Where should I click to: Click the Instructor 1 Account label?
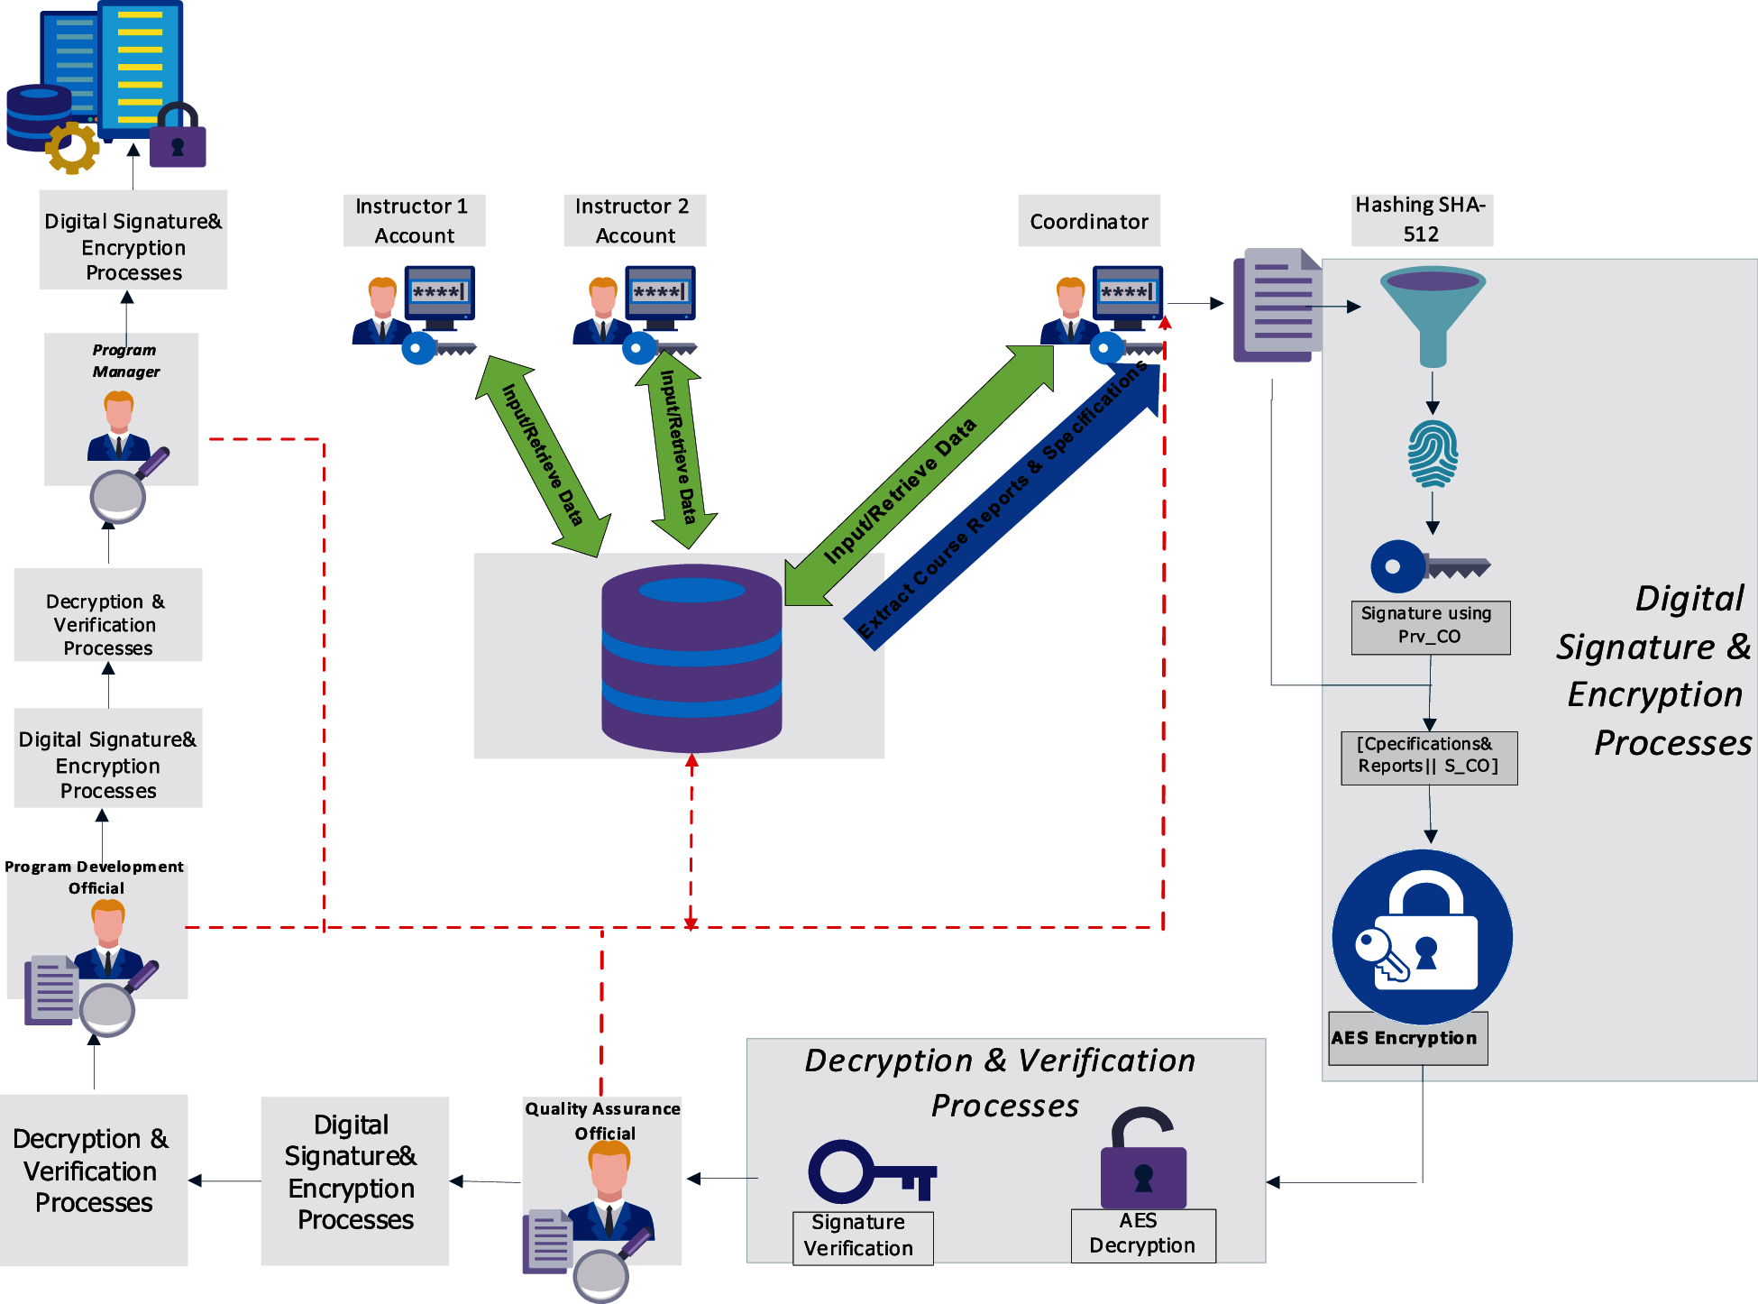[x=414, y=221]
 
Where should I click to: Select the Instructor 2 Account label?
[x=635, y=221]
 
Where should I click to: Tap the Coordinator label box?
[x=1089, y=221]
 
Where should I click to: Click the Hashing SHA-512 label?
[x=1422, y=219]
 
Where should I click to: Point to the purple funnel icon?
[x=1433, y=317]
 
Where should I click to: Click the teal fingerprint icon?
[x=1433, y=454]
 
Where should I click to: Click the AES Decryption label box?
[x=1143, y=1235]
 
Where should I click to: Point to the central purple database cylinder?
[x=691, y=658]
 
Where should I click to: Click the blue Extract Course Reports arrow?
[x=1002, y=506]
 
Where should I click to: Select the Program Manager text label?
[x=125, y=361]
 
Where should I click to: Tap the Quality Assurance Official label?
[x=603, y=1121]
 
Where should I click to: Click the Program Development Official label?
[x=95, y=877]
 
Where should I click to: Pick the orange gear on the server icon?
[x=73, y=148]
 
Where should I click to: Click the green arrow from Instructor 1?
[x=544, y=455]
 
